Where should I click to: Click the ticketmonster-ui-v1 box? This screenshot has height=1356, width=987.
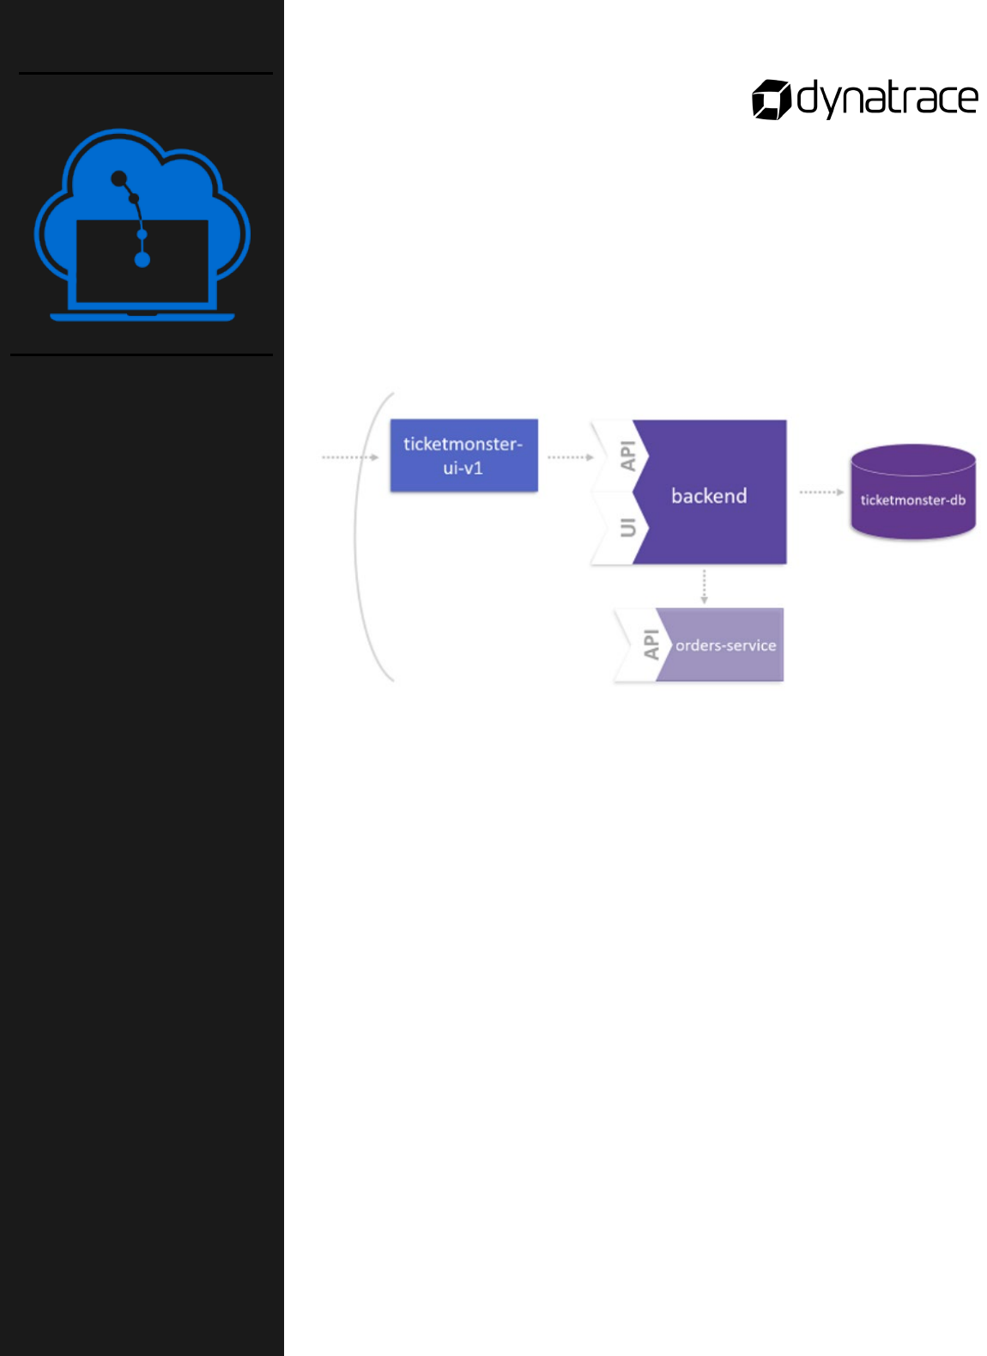click(x=463, y=456)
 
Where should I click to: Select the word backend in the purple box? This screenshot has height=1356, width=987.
click(x=709, y=496)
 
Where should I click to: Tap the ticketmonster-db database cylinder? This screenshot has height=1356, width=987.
click(x=912, y=493)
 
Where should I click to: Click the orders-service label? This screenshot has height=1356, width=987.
click(x=725, y=645)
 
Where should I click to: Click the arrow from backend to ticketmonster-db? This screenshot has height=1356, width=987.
click(x=820, y=493)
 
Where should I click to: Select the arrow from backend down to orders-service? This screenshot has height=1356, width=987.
click(x=704, y=586)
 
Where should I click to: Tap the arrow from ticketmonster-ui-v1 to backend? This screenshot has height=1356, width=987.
click(x=570, y=457)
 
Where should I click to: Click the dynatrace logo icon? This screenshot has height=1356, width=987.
click(x=771, y=100)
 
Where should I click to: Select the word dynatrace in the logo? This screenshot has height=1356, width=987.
click(x=887, y=100)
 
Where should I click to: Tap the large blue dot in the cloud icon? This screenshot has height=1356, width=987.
click(x=142, y=259)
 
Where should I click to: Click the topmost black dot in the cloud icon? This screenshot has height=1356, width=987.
click(x=119, y=179)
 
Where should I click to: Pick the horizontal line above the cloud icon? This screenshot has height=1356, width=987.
click(x=146, y=74)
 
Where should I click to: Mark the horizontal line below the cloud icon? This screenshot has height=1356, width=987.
click(x=142, y=354)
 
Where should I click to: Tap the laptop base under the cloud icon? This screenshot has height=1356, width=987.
click(x=142, y=317)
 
